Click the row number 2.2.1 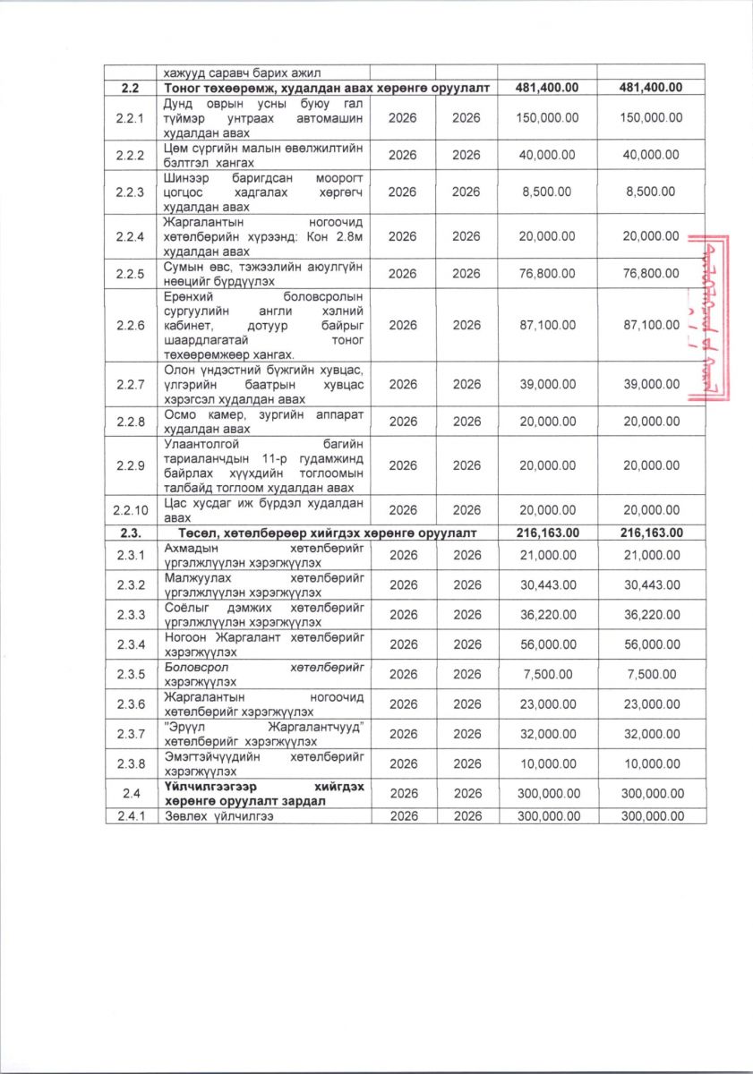[x=131, y=118]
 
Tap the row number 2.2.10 [x=131, y=511]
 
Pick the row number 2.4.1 [x=131, y=816]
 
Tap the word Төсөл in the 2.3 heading [x=185, y=533]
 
